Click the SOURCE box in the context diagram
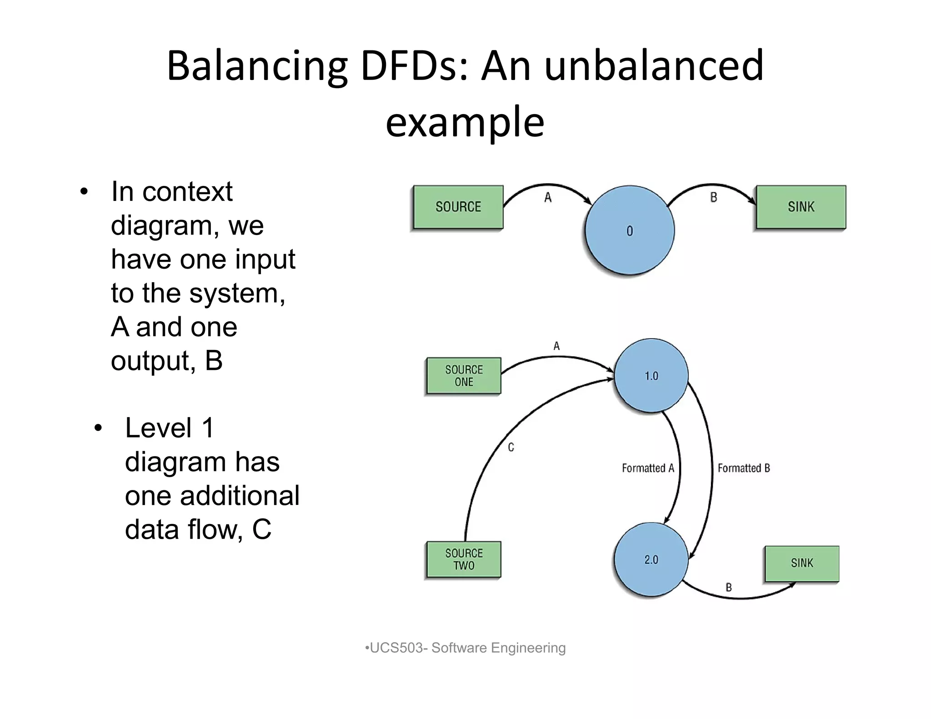[458, 207]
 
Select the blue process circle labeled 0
[630, 230]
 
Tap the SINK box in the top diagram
[801, 207]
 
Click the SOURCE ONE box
[464, 376]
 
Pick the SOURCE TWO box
[464, 559]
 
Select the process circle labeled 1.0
[651, 376]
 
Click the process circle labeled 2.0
[651, 559]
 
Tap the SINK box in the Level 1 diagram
[802, 564]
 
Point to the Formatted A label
[648, 468]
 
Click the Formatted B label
[744, 468]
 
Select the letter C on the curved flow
[511, 448]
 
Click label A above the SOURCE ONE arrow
[556, 346]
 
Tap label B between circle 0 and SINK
[714, 197]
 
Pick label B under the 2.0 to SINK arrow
[729, 588]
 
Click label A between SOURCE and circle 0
[548, 197]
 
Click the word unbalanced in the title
[654, 66]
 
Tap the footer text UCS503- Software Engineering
[465, 648]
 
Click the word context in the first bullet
[187, 191]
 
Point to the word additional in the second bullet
[240, 495]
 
